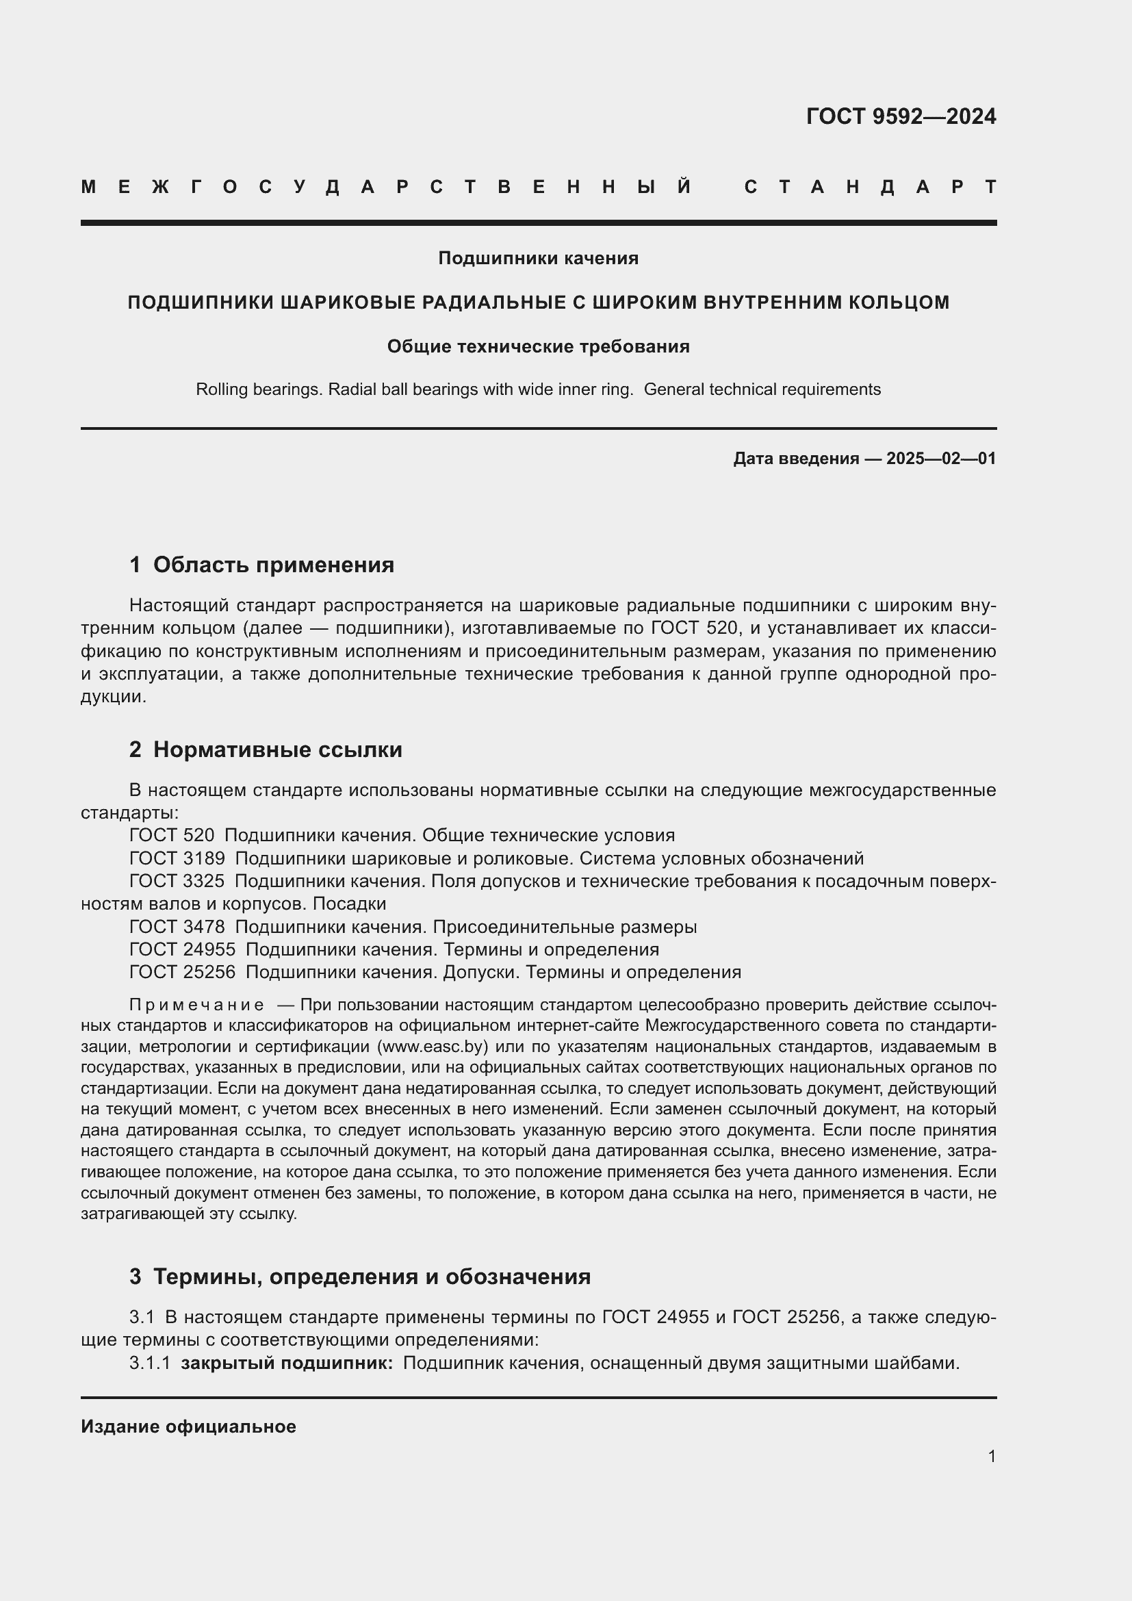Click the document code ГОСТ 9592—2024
click(901, 116)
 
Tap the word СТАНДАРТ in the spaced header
click(870, 187)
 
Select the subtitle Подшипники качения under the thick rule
click(538, 259)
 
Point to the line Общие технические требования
click(538, 346)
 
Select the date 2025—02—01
click(941, 459)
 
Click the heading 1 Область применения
click(261, 565)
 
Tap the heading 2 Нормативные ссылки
click(266, 750)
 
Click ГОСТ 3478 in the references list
click(177, 927)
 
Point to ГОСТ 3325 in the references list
click(177, 882)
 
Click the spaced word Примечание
click(196, 1005)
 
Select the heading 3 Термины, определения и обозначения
click(360, 1277)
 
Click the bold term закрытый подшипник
click(287, 1363)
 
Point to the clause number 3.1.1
click(149, 1363)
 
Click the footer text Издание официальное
click(188, 1426)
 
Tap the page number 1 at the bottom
click(992, 1457)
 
